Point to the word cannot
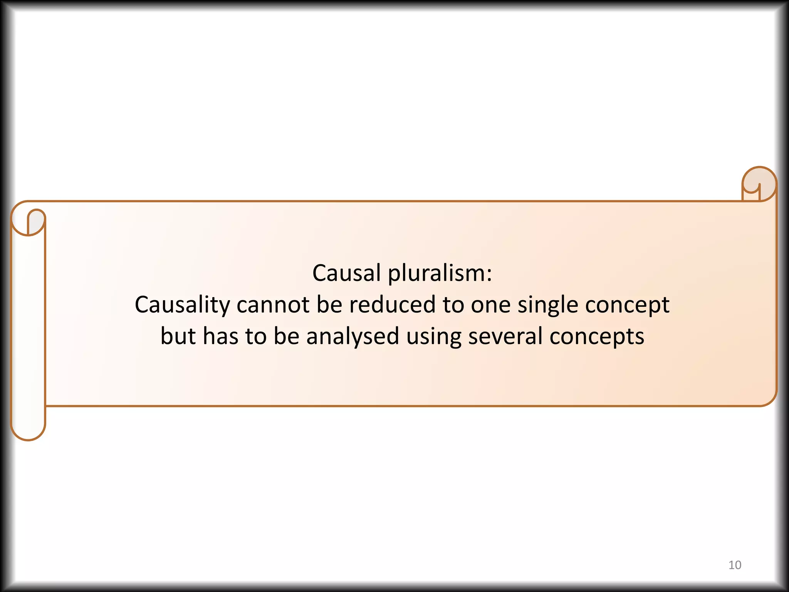(x=273, y=304)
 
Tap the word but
(x=178, y=336)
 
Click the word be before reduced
(x=329, y=304)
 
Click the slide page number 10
(x=735, y=565)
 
